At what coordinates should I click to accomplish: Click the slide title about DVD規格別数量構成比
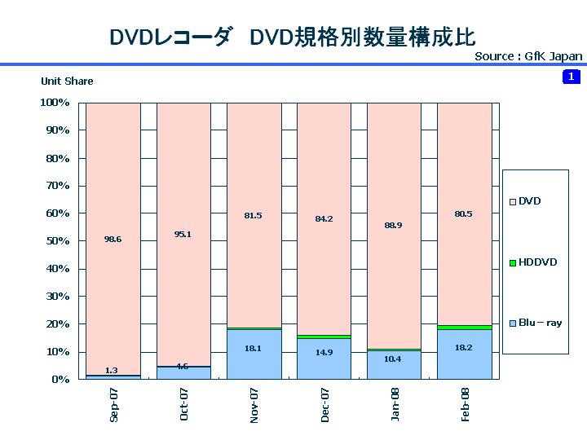tap(292, 37)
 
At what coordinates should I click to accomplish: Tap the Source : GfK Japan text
tap(528, 56)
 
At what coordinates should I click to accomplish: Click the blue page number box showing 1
tap(570, 77)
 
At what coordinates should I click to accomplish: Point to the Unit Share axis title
tap(67, 81)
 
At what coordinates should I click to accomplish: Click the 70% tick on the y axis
tap(55, 186)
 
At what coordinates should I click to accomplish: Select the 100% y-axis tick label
tap(54, 103)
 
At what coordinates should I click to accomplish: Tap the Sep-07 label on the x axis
tap(113, 404)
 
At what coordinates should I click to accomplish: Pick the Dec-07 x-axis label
tap(324, 404)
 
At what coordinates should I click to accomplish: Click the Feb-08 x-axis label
tap(465, 404)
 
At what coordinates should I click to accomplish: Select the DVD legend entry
tap(529, 201)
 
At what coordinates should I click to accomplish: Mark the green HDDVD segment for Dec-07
tap(324, 337)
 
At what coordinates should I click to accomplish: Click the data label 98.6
tap(113, 240)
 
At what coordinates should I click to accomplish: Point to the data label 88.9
tap(394, 225)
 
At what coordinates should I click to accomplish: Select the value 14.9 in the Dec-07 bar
tap(324, 352)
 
